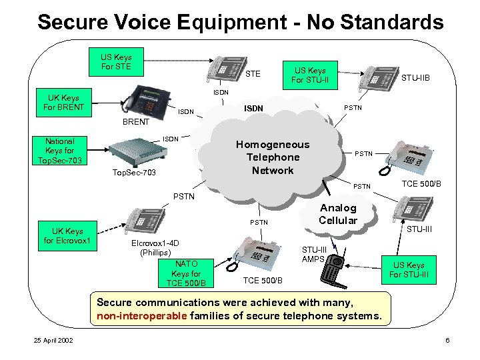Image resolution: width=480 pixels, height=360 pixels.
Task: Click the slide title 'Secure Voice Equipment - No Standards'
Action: click(x=240, y=22)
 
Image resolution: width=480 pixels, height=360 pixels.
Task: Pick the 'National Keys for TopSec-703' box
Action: click(x=60, y=151)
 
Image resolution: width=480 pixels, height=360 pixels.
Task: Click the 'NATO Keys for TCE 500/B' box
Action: click(x=186, y=273)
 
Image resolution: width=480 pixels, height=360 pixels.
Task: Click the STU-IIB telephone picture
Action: click(x=379, y=75)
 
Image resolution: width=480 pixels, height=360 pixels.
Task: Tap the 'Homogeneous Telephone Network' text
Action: click(x=273, y=157)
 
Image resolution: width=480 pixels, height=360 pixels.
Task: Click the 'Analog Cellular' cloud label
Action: click(x=337, y=214)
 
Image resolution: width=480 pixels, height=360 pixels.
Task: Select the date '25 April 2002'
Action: click(x=54, y=341)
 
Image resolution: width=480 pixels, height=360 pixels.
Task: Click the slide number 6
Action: click(x=447, y=341)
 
